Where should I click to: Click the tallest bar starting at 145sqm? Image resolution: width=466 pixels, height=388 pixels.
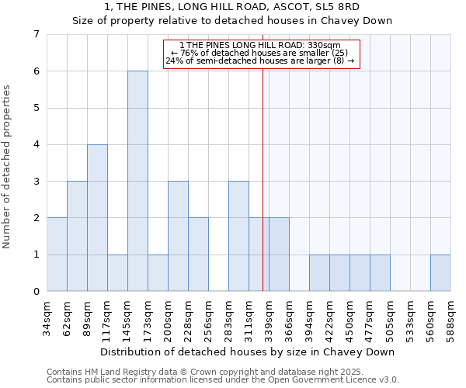pyautogui.click(x=137, y=181)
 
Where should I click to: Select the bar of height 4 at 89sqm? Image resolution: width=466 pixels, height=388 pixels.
pyautogui.click(x=97, y=217)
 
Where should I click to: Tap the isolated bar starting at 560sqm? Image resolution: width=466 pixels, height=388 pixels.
pyautogui.click(x=440, y=272)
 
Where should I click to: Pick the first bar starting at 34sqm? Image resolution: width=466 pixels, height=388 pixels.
pyautogui.click(x=57, y=255)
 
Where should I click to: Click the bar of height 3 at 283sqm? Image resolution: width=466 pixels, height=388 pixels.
pyautogui.click(x=238, y=236)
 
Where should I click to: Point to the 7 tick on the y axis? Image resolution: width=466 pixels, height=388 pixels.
pyautogui.click(x=36, y=34)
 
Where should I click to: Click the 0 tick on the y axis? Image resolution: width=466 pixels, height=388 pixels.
pyautogui.click(x=36, y=292)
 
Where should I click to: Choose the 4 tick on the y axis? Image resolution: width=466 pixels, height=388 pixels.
pyautogui.click(x=36, y=144)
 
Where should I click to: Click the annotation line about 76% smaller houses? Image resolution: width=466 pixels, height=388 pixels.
pyautogui.click(x=263, y=53)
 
